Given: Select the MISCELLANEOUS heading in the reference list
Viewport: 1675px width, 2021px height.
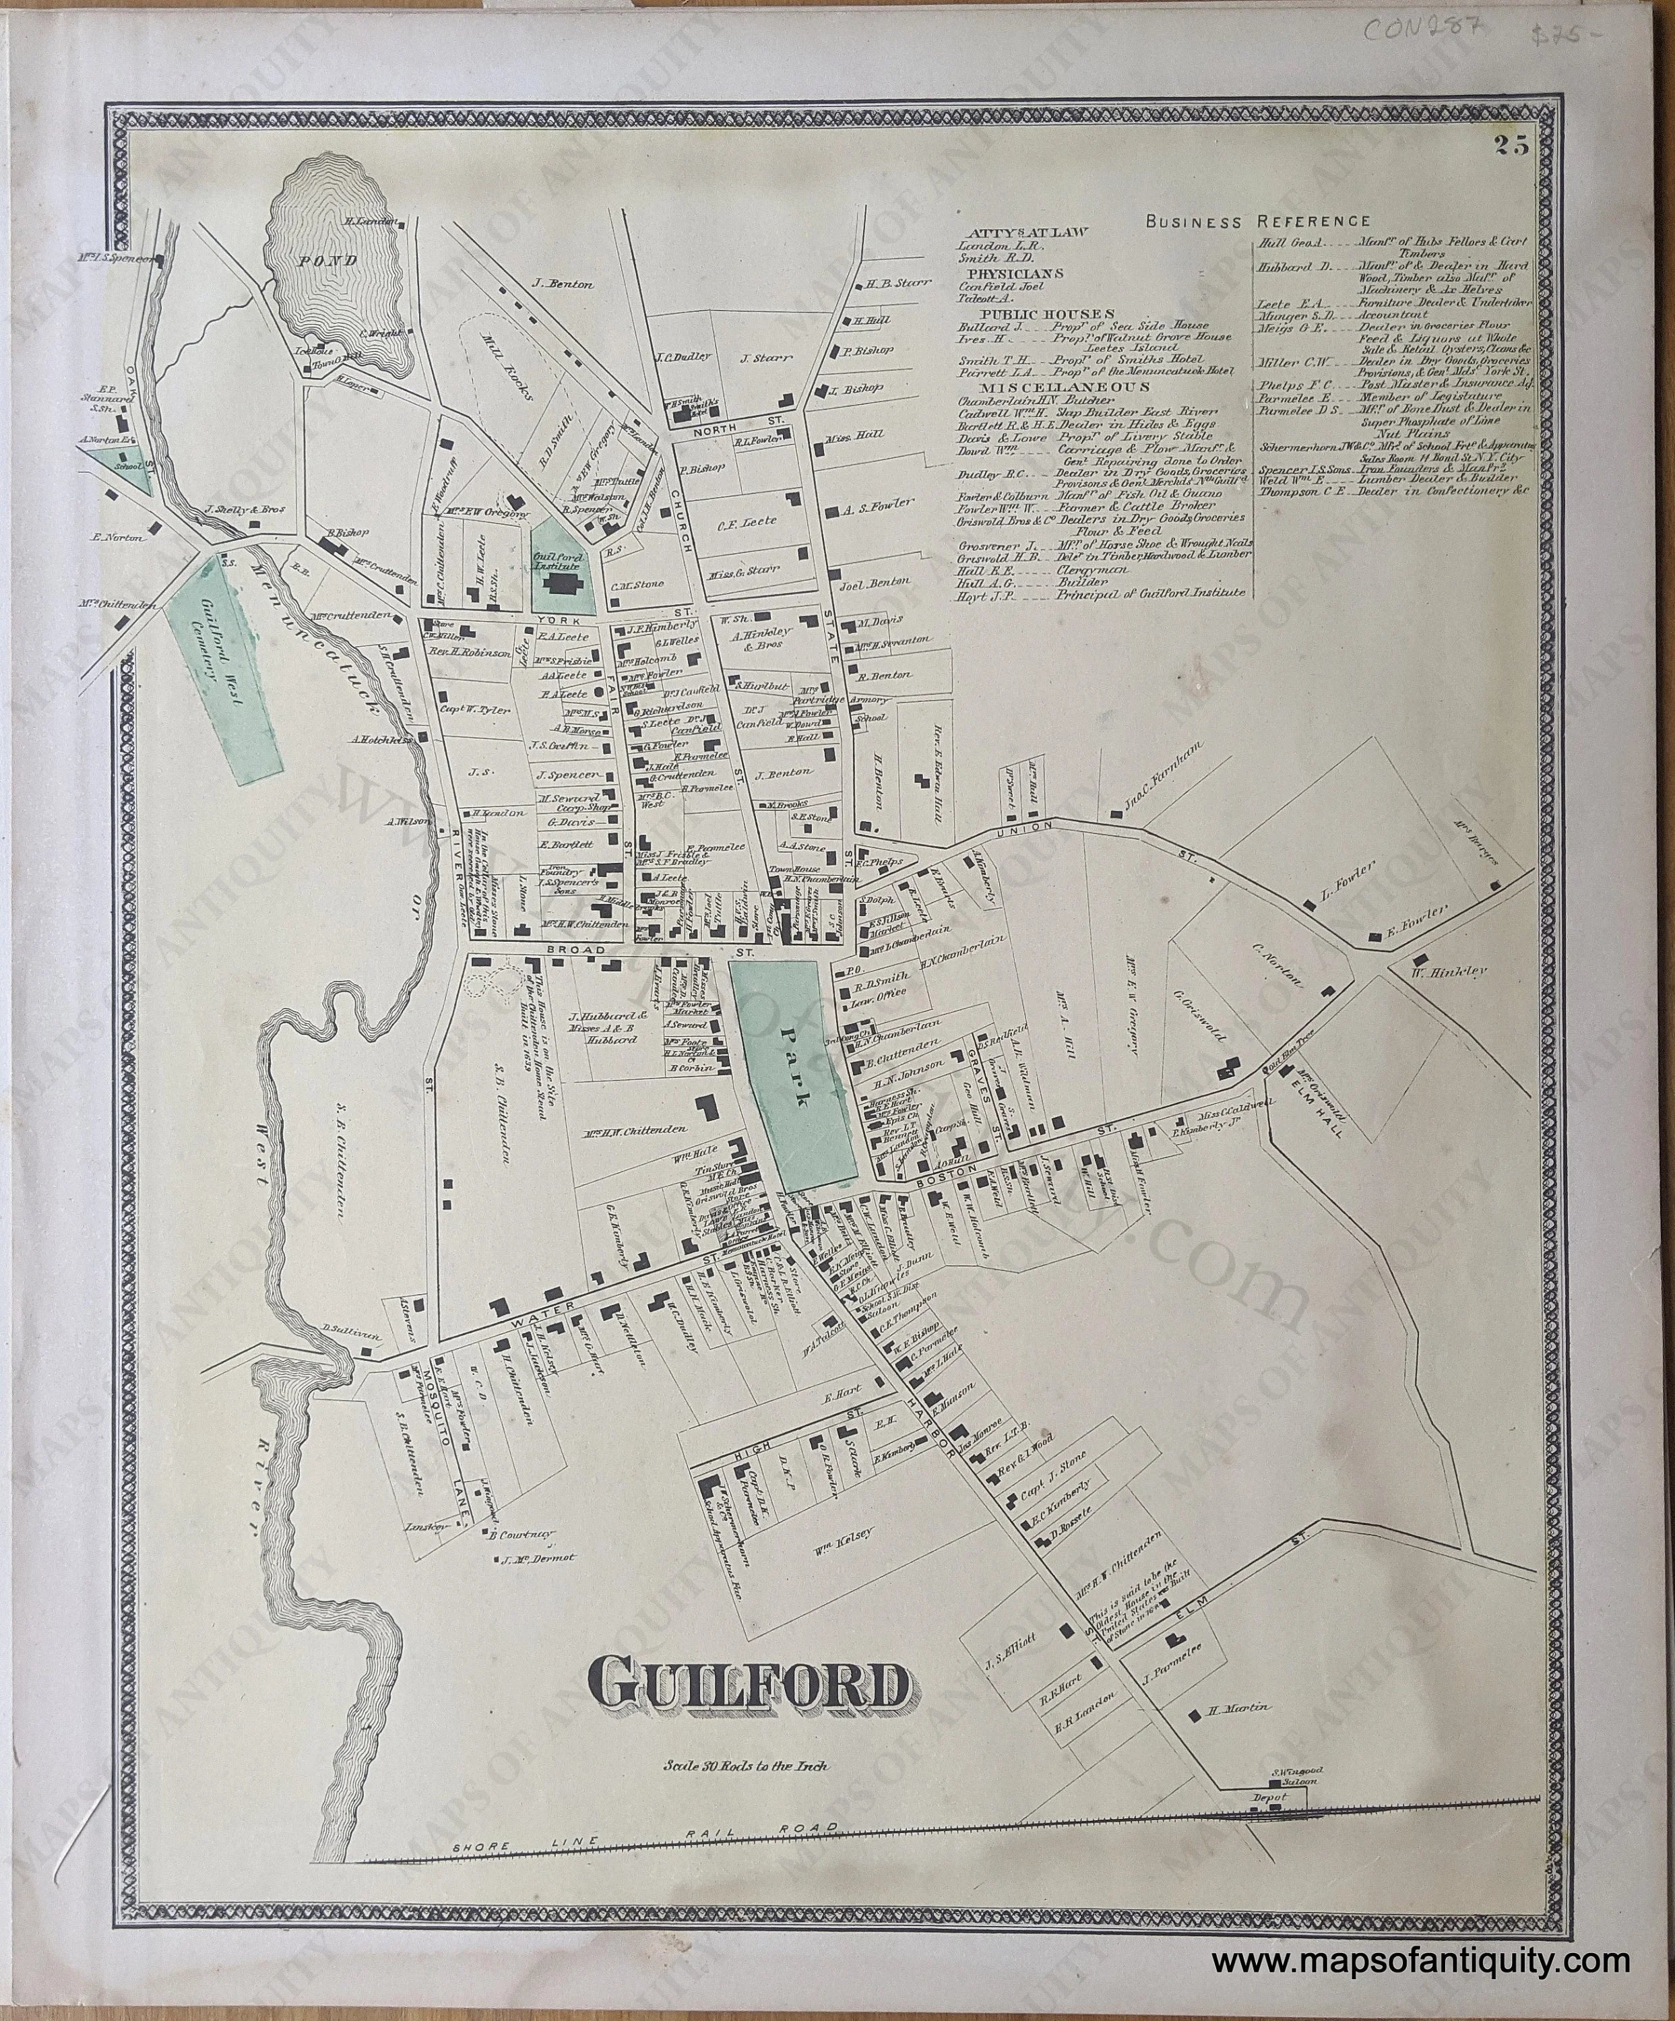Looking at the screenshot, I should tap(1040, 386).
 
